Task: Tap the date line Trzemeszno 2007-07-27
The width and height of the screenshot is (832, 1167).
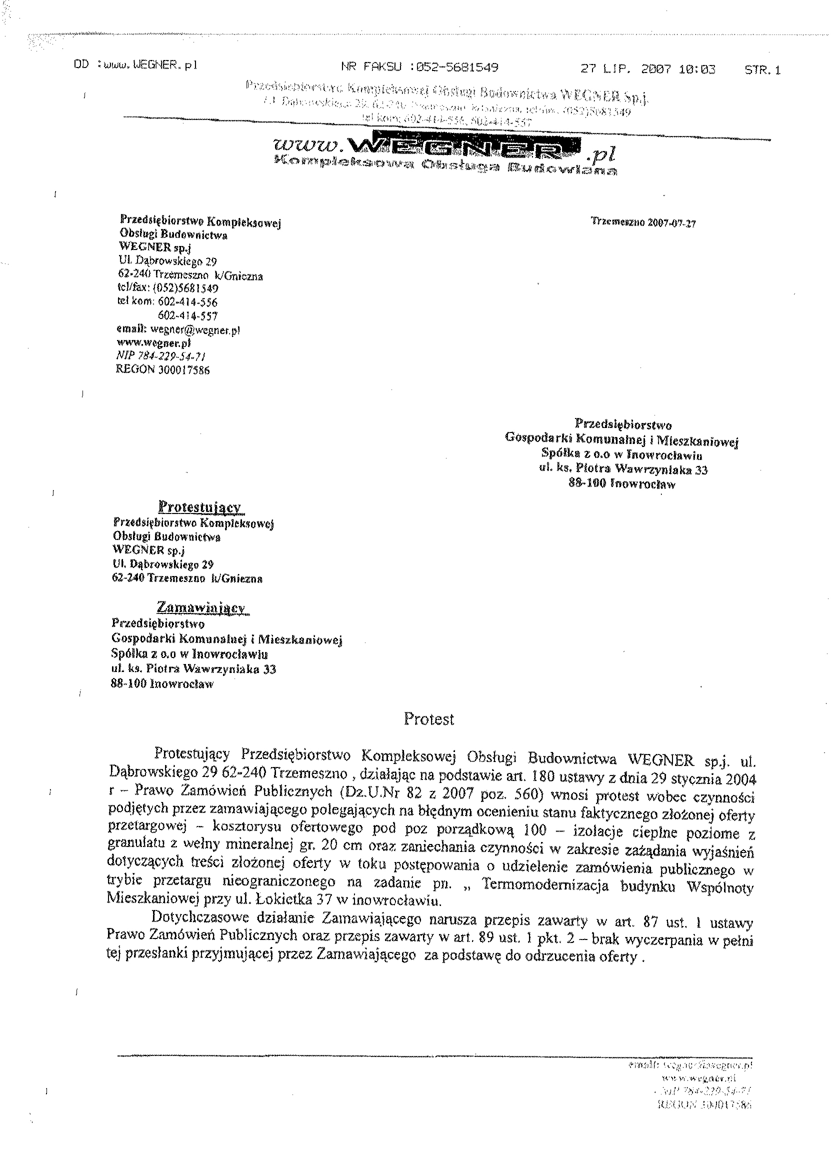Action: click(x=643, y=223)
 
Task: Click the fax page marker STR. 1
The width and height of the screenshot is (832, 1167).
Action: click(x=762, y=70)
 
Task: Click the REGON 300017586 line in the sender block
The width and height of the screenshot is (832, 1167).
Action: click(x=163, y=369)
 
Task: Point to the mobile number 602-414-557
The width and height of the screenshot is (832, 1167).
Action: click(x=187, y=315)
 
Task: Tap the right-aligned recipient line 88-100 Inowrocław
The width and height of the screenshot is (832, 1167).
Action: click(x=622, y=483)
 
